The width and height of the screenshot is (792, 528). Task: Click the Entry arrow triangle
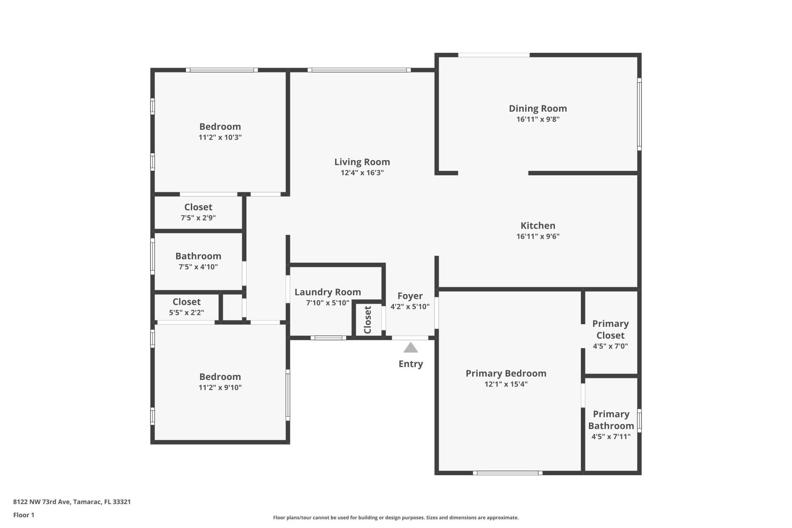(410, 348)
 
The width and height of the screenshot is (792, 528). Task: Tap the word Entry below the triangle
(410, 364)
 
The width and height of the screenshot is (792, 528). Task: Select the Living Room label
(362, 162)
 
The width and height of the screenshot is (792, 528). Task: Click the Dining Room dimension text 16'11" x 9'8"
(537, 119)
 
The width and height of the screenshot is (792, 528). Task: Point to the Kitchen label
(537, 226)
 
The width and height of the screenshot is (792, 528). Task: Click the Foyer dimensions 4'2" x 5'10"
(410, 306)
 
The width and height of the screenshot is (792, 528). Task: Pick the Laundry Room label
(328, 292)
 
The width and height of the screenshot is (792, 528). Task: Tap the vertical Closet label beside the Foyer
(368, 320)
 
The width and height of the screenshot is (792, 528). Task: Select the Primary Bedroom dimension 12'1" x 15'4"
(506, 384)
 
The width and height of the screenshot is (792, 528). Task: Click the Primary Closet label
(610, 330)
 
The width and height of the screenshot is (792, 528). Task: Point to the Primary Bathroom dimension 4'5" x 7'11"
(610, 436)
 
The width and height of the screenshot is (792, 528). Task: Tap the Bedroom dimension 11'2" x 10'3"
(220, 137)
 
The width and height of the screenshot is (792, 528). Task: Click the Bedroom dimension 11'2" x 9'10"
(220, 387)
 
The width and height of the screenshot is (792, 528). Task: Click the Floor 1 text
(24, 515)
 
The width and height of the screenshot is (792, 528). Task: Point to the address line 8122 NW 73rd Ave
(72, 502)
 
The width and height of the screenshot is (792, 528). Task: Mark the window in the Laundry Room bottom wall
(328, 338)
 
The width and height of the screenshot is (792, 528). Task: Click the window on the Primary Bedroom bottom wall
(507, 473)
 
